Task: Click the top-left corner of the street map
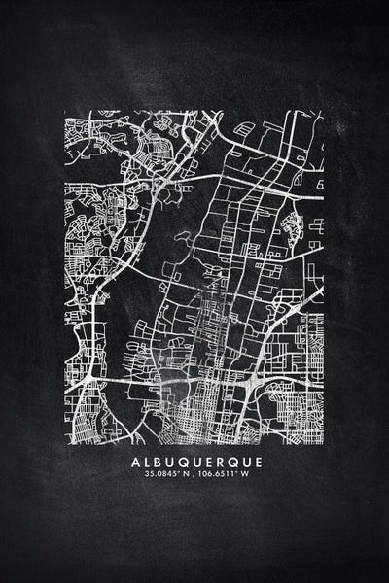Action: pyautogui.click(x=65, y=114)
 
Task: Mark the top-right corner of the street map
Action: pyautogui.click(x=324, y=114)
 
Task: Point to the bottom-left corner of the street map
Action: pyautogui.click(x=65, y=436)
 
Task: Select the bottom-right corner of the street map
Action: pyautogui.click(x=324, y=436)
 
